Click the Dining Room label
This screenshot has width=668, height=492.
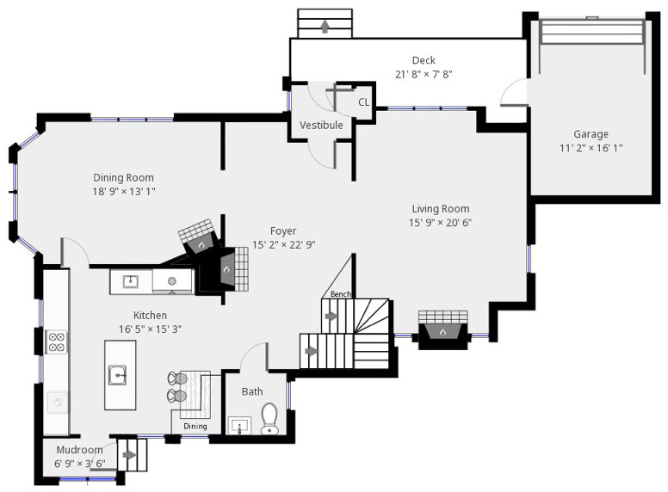[x=124, y=177]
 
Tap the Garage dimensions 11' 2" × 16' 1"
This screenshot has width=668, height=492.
[x=591, y=148]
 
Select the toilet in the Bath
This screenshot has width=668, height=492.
[x=269, y=419]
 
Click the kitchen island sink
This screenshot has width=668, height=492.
[x=117, y=375]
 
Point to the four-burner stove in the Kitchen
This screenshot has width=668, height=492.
[x=57, y=341]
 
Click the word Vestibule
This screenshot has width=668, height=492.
[x=321, y=125]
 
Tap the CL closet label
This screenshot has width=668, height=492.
[x=364, y=102]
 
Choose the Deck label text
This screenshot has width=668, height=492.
[x=424, y=60]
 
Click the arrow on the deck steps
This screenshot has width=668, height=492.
[x=325, y=27]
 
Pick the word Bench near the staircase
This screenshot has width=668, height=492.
[x=341, y=294]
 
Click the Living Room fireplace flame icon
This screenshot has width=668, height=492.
[x=443, y=332]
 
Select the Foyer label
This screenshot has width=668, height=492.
[x=283, y=231]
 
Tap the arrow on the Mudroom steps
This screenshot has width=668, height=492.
[x=129, y=455]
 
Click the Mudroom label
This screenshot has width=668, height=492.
[x=80, y=450]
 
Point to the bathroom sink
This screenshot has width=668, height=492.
[x=240, y=426]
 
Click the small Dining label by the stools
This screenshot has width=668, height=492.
[x=195, y=426]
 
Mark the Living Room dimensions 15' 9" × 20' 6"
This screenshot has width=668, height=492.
[x=441, y=223]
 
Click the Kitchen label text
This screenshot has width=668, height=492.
[x=151, y=316]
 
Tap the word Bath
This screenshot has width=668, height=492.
[x=252, y=391]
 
